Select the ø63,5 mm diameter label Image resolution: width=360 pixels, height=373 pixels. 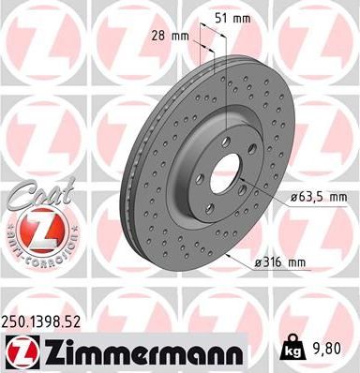click(312, 197)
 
